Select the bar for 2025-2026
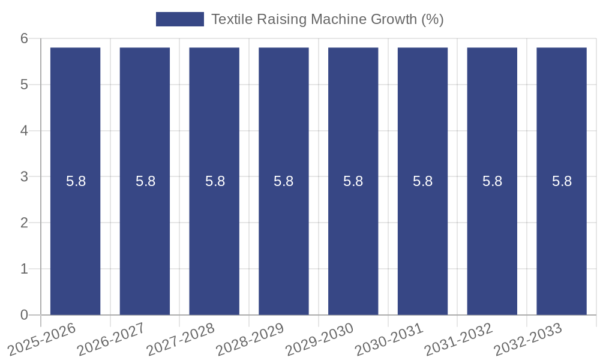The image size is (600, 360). (x=75, y=240)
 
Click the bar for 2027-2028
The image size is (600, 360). (x=214, y=240)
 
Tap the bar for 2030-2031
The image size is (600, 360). (x=422, y=240)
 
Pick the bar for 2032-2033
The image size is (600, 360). (x=562, y=240)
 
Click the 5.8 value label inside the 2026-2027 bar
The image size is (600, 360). (x=145, y=181)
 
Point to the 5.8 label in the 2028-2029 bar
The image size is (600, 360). (x=284, y=181)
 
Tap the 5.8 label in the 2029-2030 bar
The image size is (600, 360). (x=353, y=181)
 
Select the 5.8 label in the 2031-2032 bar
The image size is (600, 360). (x=492, y=181)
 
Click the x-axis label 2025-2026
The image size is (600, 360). (x=42, y=338)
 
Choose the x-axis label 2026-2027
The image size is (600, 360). (x=111, y=338)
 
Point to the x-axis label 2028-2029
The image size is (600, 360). (x=250, y=338)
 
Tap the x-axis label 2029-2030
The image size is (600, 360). (x=319, y=338)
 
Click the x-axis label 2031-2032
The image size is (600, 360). (x=458, y=338)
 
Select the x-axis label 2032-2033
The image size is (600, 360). (x=528, y=338)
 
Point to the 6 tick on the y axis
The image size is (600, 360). (x=25, y=38)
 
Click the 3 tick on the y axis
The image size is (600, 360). (x=25, y=177)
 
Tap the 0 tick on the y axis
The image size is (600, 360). (x=25, y=315)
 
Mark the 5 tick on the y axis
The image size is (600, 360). (x=25, y=85)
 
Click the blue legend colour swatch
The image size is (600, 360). (x=179, y=19)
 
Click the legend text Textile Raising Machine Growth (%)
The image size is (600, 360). (x=327, y=19)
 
